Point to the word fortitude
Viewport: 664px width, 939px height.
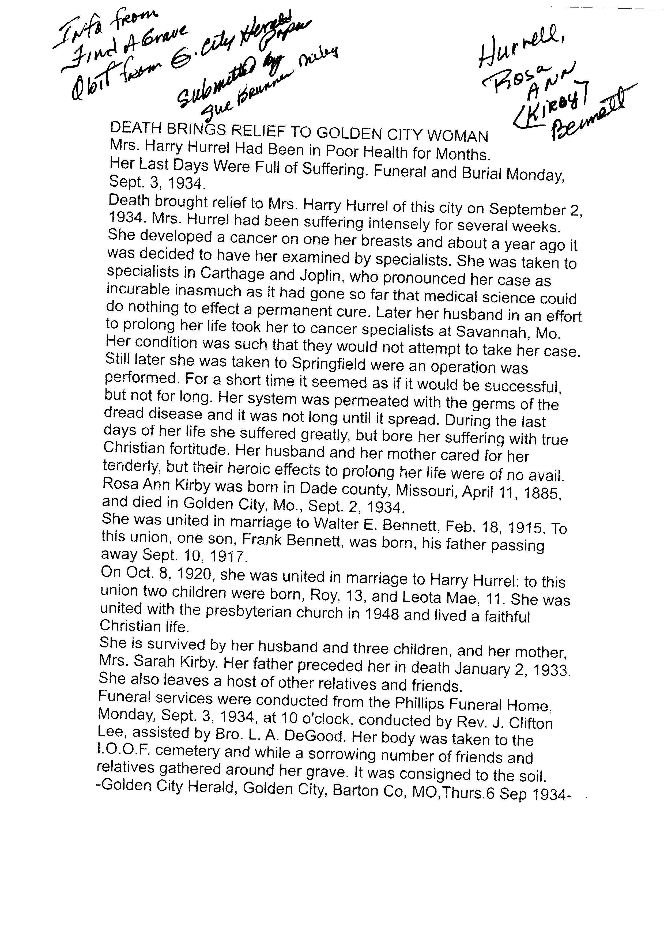(186, 450)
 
